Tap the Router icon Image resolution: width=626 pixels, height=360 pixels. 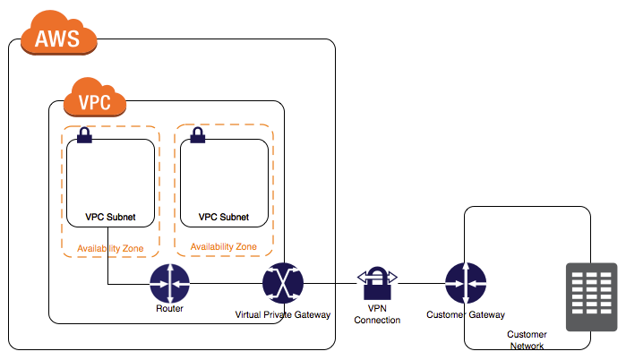pos(169,285)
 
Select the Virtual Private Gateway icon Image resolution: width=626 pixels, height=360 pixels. pos(282,285)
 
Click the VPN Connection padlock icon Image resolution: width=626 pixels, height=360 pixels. pos(376,283)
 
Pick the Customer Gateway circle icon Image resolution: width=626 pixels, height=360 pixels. pos(465,285)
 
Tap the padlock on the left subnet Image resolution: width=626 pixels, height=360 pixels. pos(84,135)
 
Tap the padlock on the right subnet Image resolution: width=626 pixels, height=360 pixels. pos(197,135)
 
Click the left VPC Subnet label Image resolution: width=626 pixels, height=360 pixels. pos(110,217)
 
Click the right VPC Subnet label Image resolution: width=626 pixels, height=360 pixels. pos(223,217)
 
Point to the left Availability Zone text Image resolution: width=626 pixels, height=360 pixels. pos(111,247)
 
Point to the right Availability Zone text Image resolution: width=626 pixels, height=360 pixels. pos(223,246)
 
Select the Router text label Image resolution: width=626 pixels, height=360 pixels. pos(169,309)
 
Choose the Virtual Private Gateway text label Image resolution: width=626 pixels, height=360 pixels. pos(282,314)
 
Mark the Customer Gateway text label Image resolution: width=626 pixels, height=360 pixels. pos(465,314)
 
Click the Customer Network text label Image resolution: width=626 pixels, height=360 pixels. pos(526,339)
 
